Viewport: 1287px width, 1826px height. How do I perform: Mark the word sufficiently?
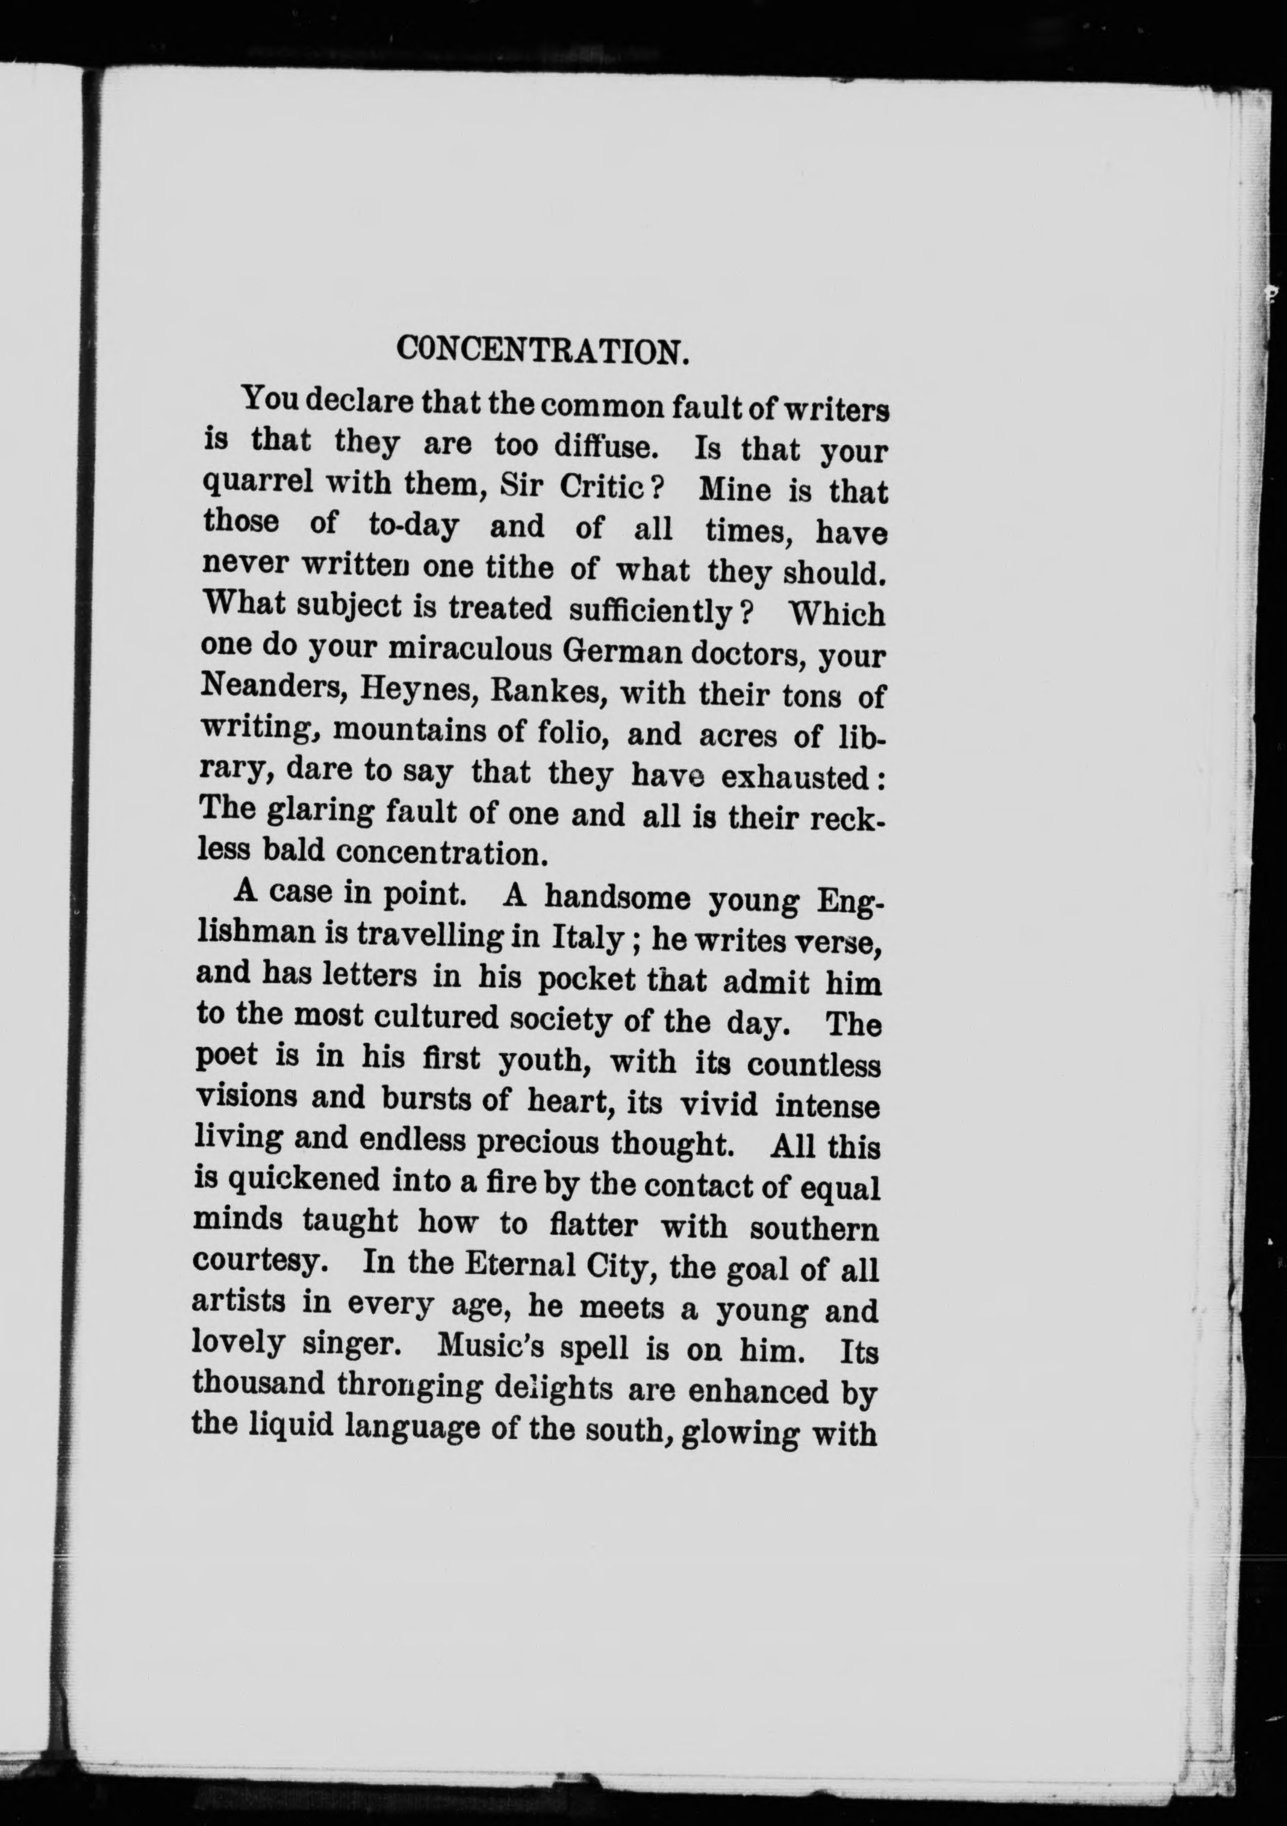point(650,611)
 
